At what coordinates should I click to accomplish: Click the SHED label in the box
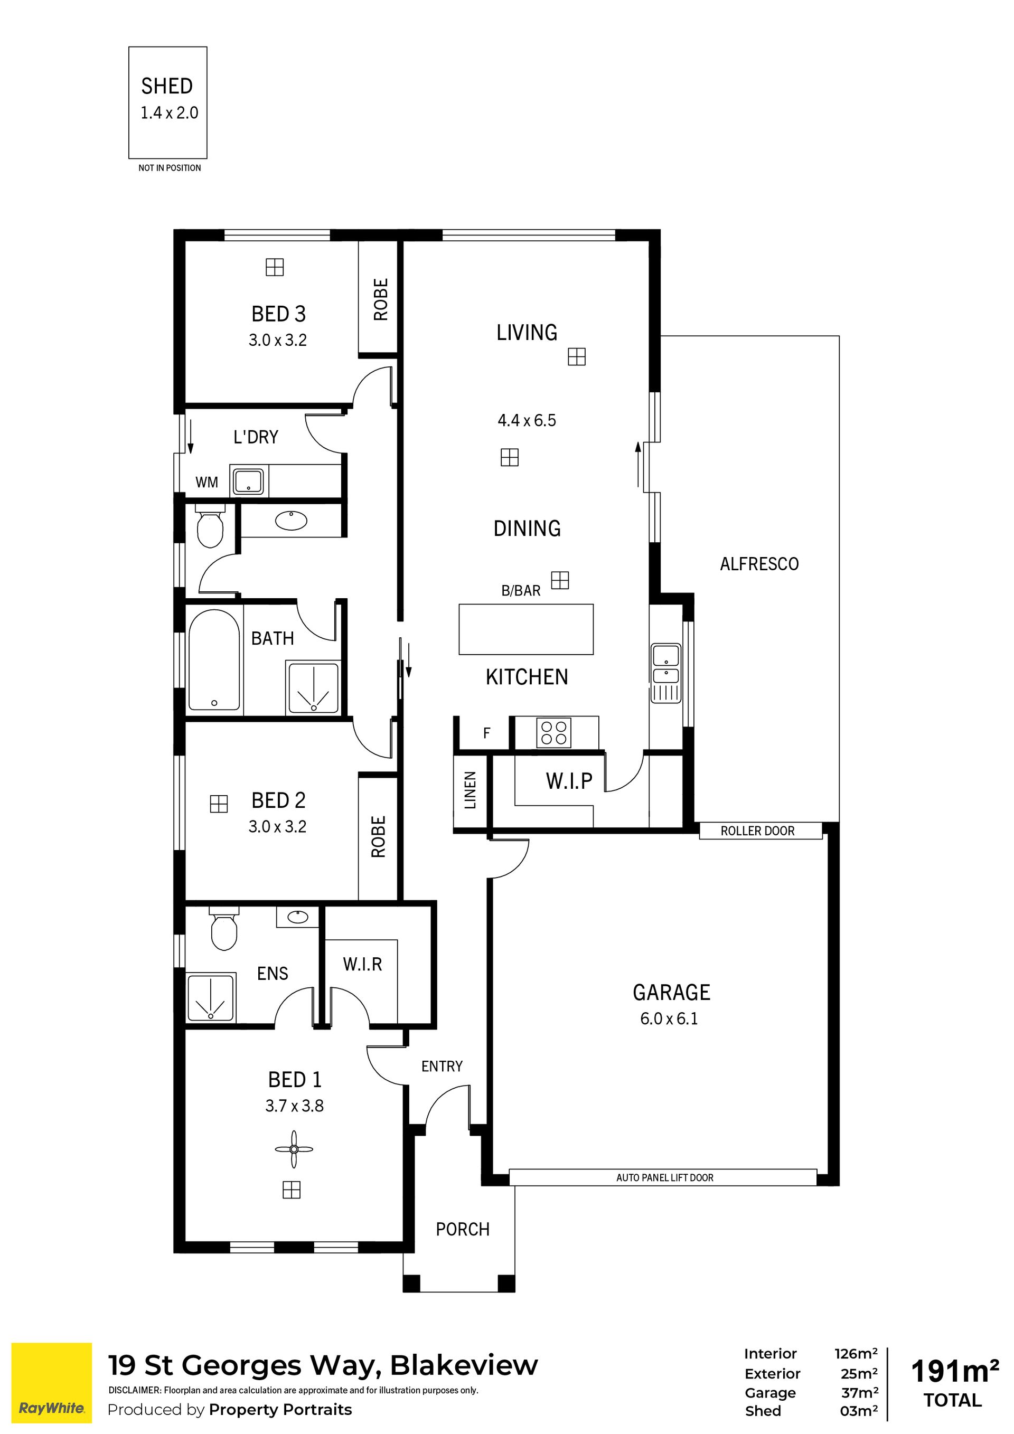167,86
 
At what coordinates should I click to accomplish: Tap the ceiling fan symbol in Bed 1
294,1149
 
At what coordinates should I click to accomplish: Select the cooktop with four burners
553,733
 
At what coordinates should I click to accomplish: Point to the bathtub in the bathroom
214,659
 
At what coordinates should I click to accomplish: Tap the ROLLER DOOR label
757,831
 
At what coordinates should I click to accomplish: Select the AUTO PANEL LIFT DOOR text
665,1177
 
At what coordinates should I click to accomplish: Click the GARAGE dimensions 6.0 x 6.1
669,1018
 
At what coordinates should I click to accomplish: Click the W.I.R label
362,964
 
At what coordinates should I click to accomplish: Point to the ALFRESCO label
759,564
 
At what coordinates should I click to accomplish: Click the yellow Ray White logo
51,1383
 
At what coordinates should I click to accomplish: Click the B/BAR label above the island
521,591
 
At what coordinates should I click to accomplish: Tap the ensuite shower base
211,997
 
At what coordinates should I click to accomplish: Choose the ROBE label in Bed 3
380,299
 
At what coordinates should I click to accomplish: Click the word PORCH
462,1229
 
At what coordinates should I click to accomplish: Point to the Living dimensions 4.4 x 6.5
527,420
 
